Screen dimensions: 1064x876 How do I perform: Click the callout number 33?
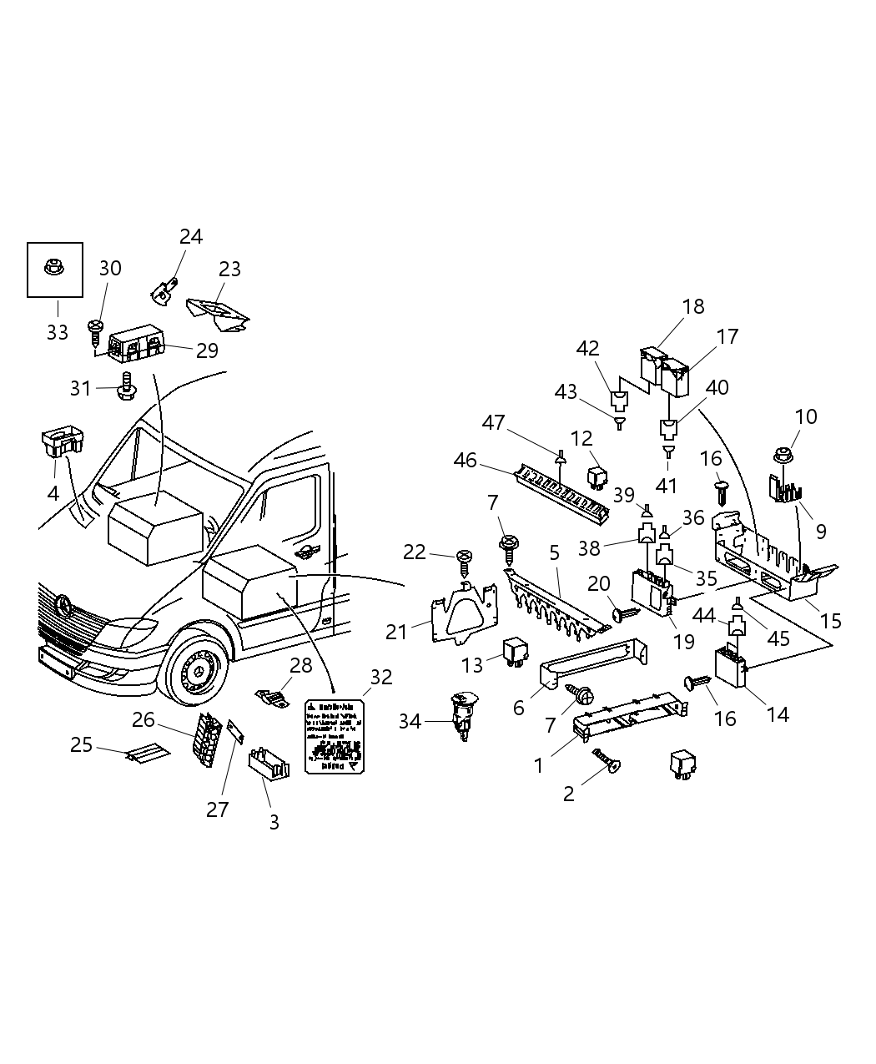[57, 332]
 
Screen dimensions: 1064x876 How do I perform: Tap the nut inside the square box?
[55, 268]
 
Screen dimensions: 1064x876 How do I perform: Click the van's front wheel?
[195, 672]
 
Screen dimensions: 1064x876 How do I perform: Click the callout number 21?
[396, 632]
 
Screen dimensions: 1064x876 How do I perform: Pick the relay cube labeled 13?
[514, 651]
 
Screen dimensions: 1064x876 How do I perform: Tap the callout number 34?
[410, 721]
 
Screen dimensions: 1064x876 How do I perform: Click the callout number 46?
[465, 460]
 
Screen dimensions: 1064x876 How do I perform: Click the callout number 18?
[693, 306]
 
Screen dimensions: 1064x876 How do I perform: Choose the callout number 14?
[778, 714]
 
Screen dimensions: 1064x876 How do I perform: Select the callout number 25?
[81, 744]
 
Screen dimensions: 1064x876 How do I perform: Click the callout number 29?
[207, 350]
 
